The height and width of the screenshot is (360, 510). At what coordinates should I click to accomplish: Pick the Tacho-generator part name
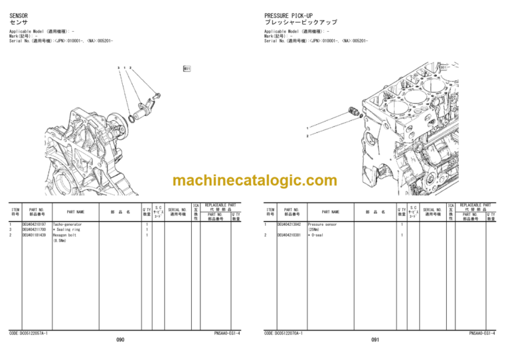tap(67, 225)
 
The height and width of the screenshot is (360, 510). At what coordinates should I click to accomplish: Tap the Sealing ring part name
tap(67, 230)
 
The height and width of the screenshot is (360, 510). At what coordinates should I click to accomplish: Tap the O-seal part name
tap(317, 235)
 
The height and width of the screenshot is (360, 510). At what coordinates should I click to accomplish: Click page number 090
tap(120, 340)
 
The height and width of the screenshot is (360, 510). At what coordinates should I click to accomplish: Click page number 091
tap(376, 340)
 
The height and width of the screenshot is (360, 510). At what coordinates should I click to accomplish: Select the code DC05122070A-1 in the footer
tap(284, 332)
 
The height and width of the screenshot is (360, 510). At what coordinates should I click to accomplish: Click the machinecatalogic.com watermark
tap(254, 181)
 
